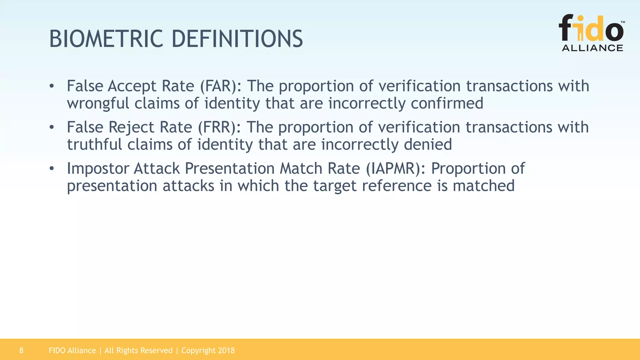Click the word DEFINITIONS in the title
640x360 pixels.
pyautogui.click(x=237, y=39)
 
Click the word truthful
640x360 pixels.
pyautogui.click(x=95, y=145)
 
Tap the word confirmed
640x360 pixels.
pyautogui.click(x=447, y=104)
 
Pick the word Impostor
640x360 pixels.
pyautogui.click(x=98, y=169)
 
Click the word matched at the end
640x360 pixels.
pyautogui.click(x=483, y=186)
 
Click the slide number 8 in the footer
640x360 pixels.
pyautogui.click(x=21, y=351)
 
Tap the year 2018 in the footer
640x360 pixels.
pyautogui.click(x=226, y=351)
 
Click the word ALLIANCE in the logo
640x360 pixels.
pyautogui.click(x=592, y=48)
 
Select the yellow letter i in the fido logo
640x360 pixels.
pyautogui.click(x=580, y=30)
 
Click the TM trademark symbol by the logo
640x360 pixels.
pyautogui.click(x=622, y=22)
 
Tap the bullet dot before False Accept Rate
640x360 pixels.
pyautogui.click(x=52, y=86)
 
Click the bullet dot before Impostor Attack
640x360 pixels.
pyautogui.click(x=52, y=169)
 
